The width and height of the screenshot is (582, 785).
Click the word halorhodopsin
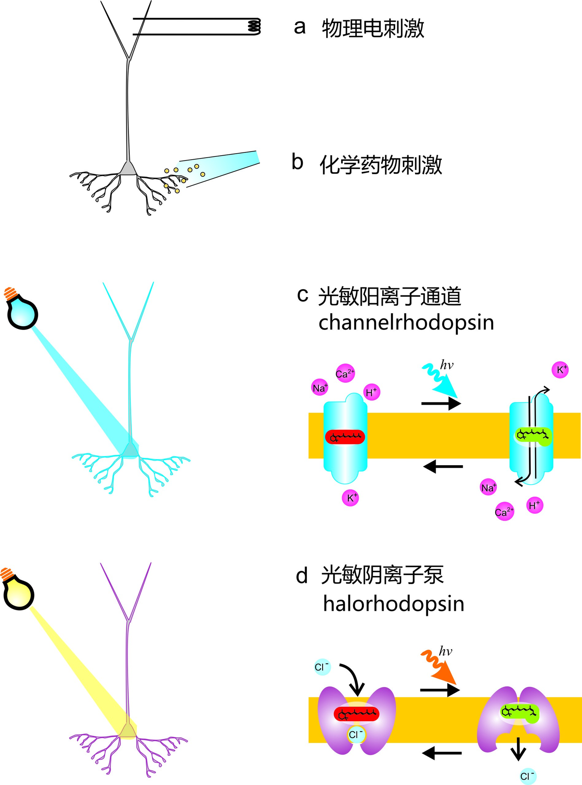click(x=394, y=604)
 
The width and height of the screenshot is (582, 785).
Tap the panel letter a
click(x=299, y=27)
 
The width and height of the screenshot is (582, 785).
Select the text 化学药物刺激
click(x=381, y=165)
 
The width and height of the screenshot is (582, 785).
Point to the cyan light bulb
click(x=22, y=309)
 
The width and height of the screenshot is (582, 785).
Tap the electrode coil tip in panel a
click(x=254, y=26)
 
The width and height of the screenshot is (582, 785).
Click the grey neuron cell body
click(x=128, y=168)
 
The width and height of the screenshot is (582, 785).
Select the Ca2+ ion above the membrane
click(x=345, y=374)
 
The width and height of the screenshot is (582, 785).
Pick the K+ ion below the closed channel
click(x=350, y=498)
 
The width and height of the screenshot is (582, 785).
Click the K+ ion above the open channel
click(x=560, y=370)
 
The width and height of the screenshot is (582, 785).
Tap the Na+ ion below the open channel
click(x=488, y=487)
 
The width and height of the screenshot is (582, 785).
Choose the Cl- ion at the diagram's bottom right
click(x=527, y=776)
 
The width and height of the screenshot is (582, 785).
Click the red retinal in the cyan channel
click(x=345, y=437)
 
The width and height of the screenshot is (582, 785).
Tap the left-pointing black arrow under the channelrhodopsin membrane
click(x=443, y=467)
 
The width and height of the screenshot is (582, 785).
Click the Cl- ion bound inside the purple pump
click(x=356, y=734)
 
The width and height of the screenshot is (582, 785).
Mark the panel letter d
click(x=302, y=576)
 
